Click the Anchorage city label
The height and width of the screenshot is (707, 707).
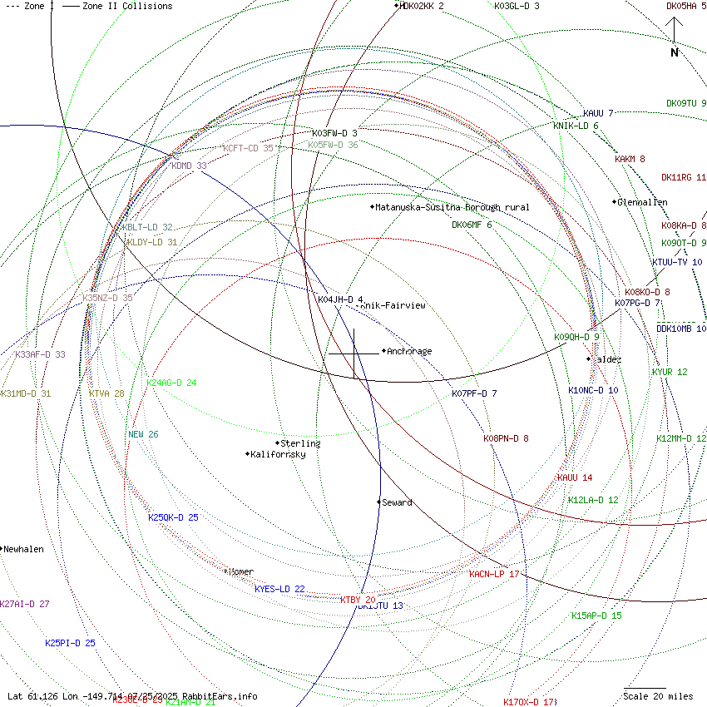[x=409, y=351]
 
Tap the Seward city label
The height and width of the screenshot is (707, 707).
[x=397, y=502]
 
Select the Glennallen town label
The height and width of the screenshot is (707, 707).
[x=642, y=202]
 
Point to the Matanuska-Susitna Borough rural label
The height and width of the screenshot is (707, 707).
[x=452, y=207]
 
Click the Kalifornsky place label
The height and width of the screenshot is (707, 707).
[x=278, y=454]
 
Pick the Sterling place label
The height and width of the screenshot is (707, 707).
[x=300, y=443]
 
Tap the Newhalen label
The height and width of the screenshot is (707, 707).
[x=23, y=550]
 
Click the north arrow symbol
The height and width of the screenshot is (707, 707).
[x=675, y=37]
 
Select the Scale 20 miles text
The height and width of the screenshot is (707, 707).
[x=658, y=696]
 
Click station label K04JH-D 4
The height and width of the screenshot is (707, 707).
[x=340, y=299]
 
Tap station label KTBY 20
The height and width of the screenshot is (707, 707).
[x=358, y=600]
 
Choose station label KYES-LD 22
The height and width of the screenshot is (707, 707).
[x=279, y=589]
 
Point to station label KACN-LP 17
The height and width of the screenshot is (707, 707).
[x=494, y=574]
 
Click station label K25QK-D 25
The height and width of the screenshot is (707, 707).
[x=173, y=517]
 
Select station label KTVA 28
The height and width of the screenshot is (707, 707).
[x=106, y=393]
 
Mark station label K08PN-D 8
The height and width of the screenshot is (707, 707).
[x=506, y=438]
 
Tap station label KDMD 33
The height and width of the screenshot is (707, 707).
[x=189, y=166]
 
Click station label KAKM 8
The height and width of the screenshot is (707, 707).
[x=630, y=159]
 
